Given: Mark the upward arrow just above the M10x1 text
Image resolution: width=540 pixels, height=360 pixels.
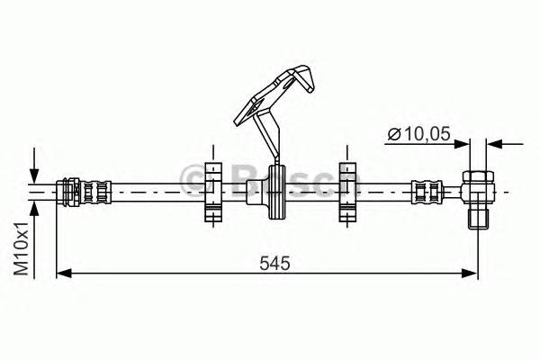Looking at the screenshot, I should (34, 208).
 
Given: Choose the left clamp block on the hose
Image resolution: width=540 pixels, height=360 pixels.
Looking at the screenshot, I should (212, 190).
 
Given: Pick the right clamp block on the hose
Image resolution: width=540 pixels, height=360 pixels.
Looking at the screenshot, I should (347, 190).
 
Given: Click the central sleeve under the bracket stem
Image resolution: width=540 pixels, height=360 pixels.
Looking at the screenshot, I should (273, 192).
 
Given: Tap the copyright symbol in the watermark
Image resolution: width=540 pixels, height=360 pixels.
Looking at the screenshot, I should (193, 179).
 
